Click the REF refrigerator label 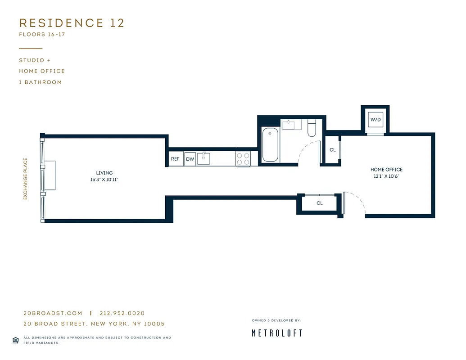click(x=175, y=159)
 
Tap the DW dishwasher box click(x=190, y=159)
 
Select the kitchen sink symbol click(x=204, y=158)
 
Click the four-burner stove click(x=243, y=159)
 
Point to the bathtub click(x=270, y=144)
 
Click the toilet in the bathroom click(x=312, y=128)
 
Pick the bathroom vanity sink click(x=291, y=124)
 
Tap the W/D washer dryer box click(x=376, y=120)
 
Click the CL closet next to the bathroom click(x=332, y=150)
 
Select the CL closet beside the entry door click(x=319, y=203)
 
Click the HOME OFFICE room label click(x=386, y=170)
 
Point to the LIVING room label click(x=104, y=173)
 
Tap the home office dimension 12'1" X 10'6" click(x=386, y=176)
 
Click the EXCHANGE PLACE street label click(x=26, y=179)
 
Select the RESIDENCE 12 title click(x=72, y=23)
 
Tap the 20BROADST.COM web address click(x=53, y=313)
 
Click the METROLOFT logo click(x=276, y=333)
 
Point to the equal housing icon click(x=15, y=340)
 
